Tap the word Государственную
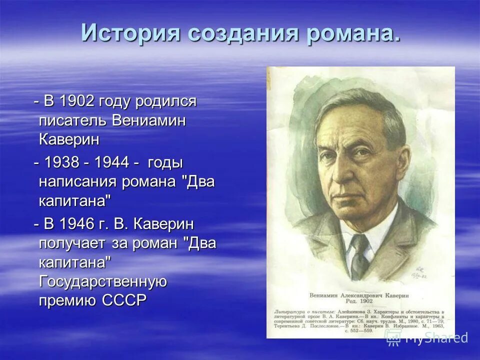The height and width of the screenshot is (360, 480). click(x=102, y=281)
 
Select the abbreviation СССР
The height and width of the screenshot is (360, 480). click(x=124, y=300)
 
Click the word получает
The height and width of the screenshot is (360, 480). click(x=72, y=243)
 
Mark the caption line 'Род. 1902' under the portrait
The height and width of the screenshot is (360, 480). click(x=360, y=302)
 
